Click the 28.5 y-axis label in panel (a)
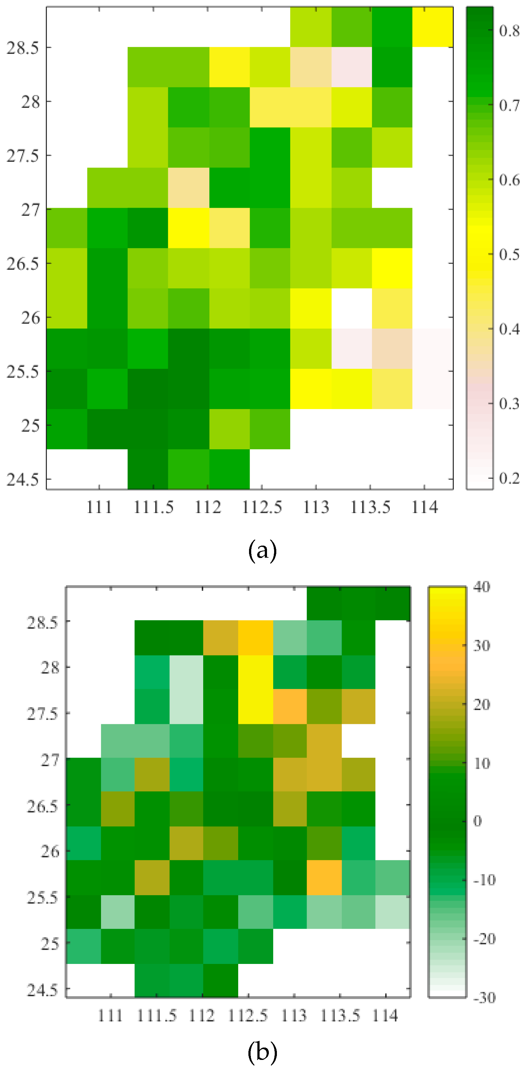pos(23,48)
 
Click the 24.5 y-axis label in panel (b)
pos(42,990)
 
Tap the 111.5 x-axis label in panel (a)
pos(153,507)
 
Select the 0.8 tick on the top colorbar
pos(509,30)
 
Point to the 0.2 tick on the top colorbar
pos(509,478)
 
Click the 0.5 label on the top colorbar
pos(509,254)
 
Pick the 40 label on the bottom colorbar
pos(481,587)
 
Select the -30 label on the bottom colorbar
pos(484,997)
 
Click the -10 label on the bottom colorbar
pos(484,880)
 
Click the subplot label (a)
pos(262,551)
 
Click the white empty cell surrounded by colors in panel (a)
pos(351,308)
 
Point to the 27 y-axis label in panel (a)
pos(30,210)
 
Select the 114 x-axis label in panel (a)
pos(424,507)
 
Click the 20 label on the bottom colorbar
pos(482,704)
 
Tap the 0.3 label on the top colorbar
pos(509,403)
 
